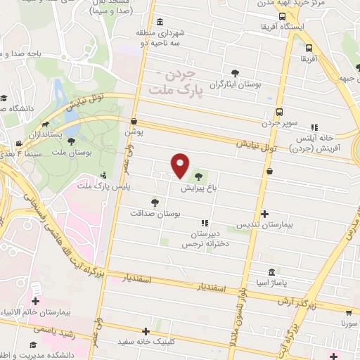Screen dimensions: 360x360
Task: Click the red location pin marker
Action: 181,166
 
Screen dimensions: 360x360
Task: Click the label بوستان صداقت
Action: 155,212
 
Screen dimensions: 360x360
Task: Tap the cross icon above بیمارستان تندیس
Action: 265,214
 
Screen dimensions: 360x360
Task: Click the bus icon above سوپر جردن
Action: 280,112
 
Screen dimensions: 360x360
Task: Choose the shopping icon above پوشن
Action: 134,121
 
